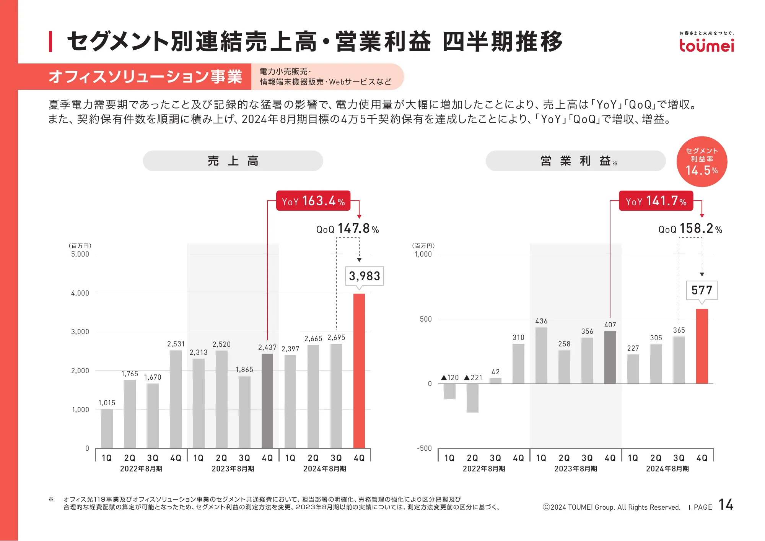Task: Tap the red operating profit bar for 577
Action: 702,346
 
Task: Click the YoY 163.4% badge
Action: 313,201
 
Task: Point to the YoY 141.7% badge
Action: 656,201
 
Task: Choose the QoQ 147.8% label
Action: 347,229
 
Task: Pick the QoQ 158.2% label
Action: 690,229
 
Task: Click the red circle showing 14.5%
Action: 702,161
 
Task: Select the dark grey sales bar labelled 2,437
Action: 267,400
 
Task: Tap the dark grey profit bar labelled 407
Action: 610,357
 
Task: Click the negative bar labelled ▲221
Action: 472,398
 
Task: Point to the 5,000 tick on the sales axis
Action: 80,254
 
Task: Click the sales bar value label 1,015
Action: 107,403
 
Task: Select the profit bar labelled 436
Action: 541,355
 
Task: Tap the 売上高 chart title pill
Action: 233,161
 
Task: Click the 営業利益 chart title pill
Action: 575,161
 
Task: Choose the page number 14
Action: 726,505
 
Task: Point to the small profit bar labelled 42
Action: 495,381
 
